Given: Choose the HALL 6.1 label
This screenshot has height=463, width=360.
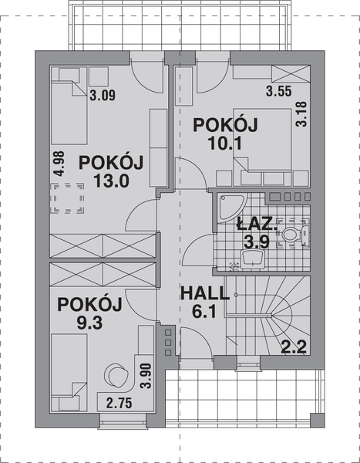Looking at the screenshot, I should (204, 302).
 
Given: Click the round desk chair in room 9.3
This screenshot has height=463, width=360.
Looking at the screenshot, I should (116, 374).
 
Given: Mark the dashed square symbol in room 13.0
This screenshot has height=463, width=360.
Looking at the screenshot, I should (68, 198).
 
